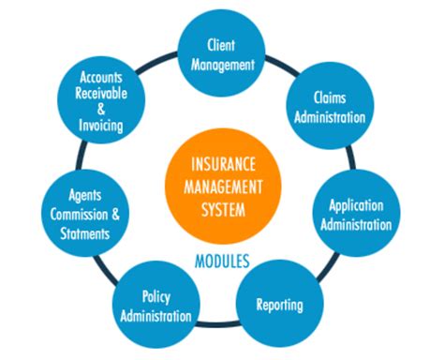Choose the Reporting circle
click(x=278, y=303)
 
